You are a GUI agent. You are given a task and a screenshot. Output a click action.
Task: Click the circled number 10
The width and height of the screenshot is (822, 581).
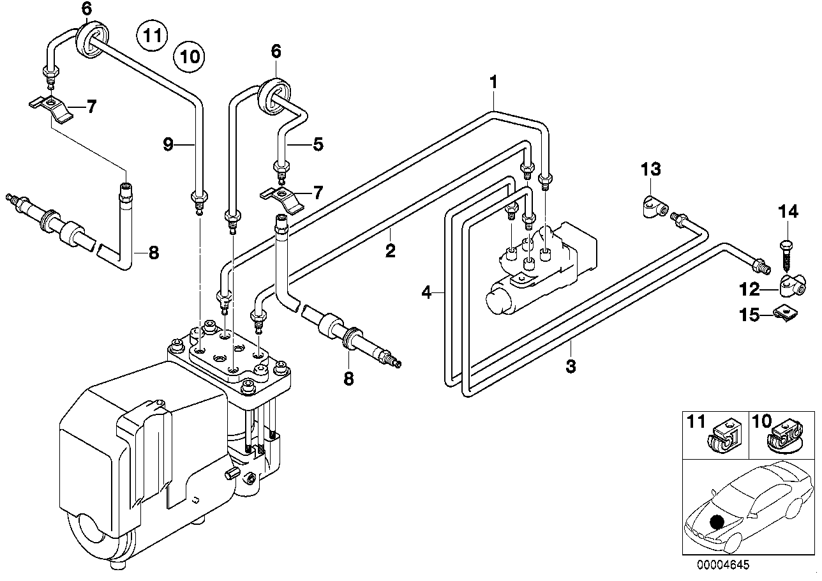coord(189,57)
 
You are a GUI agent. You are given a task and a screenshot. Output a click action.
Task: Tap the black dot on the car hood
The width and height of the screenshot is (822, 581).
coord(717,522)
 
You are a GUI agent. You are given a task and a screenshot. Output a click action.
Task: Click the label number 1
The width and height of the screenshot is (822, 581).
coord(493,82)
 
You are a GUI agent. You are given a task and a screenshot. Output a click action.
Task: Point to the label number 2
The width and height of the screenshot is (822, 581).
coord(390,251)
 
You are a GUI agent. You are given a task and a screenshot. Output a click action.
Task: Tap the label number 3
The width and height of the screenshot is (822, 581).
coord(571,366)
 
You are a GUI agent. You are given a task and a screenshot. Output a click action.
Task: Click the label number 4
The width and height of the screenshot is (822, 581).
coord(426,292)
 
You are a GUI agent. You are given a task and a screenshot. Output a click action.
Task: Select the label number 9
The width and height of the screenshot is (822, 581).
coord(168,144)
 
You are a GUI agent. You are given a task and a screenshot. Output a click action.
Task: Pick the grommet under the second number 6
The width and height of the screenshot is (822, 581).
coord(275,94)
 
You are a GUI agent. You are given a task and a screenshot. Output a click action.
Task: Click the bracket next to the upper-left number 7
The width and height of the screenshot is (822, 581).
coord(51,110)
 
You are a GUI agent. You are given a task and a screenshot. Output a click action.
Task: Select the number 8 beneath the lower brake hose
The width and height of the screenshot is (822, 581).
coord(348,379)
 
